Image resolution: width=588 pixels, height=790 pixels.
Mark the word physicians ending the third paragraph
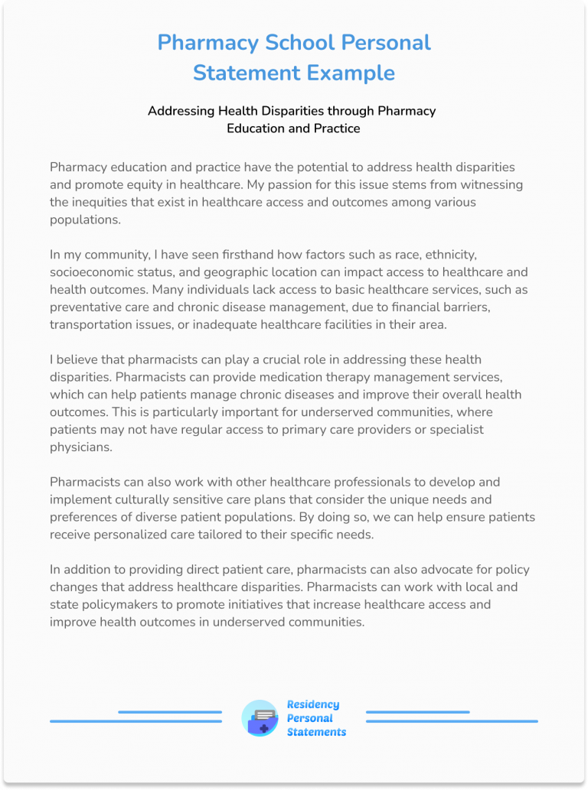(81, 447)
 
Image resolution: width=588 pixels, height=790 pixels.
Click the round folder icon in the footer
(260, 718)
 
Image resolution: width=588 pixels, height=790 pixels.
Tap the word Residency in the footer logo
(313, 704)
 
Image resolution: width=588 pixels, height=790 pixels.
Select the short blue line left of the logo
(169, 712)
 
